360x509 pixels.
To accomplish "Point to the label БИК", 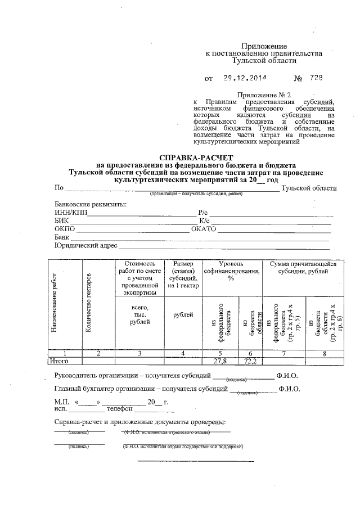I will click(61, 221).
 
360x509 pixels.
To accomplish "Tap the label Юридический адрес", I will click(85, 246).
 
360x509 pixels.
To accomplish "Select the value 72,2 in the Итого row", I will click(250, 361).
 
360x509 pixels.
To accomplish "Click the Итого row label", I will click(59, 361).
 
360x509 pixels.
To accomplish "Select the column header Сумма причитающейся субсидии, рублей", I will click(303, 267).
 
